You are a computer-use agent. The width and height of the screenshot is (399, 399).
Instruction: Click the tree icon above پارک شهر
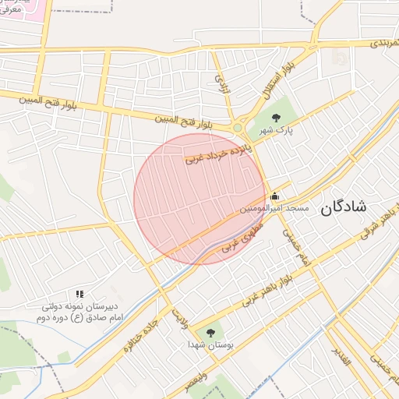click(x=274, y=118)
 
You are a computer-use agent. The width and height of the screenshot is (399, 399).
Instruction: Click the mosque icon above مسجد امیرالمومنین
click(x=274, y=196)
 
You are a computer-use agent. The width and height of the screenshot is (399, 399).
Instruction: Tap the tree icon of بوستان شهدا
click(x=210, y=332)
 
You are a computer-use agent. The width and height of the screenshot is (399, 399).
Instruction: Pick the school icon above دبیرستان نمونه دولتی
click(x=79, y=294)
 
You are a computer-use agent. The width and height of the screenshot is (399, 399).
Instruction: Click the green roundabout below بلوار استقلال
click(x=237, y=127)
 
